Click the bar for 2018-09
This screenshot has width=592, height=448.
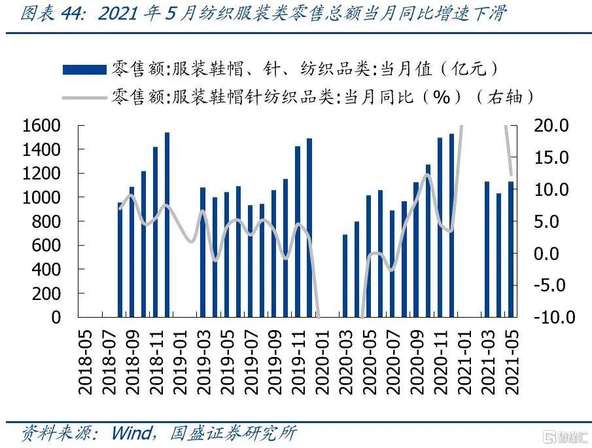click(x=131, y=252)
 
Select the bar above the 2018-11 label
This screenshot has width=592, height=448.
click(x=155, y=233)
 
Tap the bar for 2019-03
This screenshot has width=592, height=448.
click(x=203, y=252)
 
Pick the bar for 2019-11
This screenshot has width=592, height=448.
click(x=298, y=232)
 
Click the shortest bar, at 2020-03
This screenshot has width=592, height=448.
click(x=345, y=276)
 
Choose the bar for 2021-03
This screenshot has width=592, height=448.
click(x=487, y=250)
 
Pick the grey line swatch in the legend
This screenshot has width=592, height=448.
click(x=84, y=98)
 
